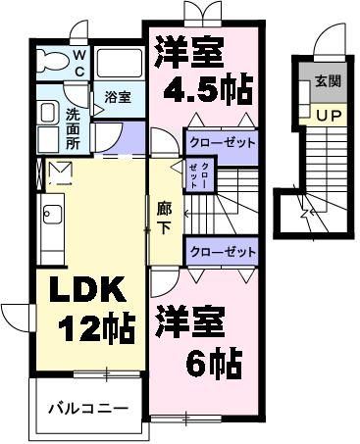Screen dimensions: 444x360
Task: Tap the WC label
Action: click(x=79, y=64)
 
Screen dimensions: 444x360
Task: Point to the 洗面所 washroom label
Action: click(x=73, y=126)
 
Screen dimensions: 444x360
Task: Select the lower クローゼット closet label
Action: click(x=221, y=252)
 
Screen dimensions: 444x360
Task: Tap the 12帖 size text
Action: click(x=97, y=328)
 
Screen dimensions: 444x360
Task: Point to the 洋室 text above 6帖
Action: click(x=189, y=321)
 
